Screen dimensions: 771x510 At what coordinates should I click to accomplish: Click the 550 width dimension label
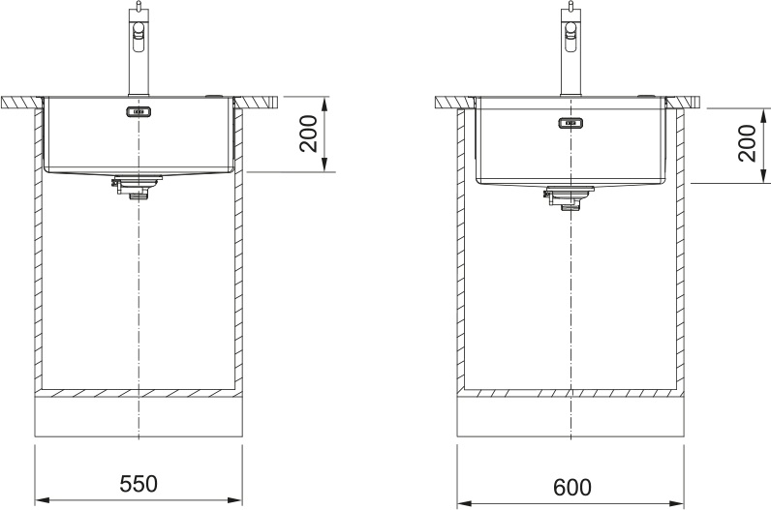(x=139, y=484)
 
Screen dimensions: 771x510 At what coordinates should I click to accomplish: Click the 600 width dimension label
(x=572, y=487)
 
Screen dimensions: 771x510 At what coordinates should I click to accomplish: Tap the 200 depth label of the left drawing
(x=309, y=134)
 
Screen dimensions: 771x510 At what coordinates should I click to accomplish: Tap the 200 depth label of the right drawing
(x=747, y=143)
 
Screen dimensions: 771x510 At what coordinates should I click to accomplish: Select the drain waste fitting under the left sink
(x=137, y=187)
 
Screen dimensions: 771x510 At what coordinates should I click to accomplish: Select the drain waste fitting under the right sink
(x=569, y=198)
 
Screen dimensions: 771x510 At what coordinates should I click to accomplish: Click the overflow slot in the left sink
(x=139, y=111)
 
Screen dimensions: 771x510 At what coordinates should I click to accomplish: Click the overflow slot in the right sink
(x=571, y=122)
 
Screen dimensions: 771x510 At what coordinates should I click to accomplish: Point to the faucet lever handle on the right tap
(x=571, y=36)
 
